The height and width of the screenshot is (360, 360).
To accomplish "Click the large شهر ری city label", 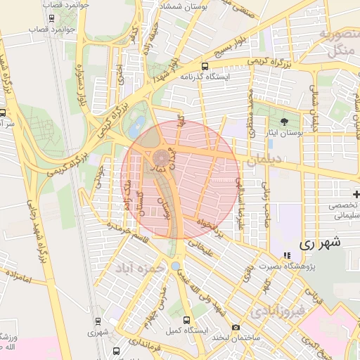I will pyautogui.click(x=320, y=244).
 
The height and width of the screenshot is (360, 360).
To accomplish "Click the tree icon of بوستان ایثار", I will pyautogui.click(x=284, y=121).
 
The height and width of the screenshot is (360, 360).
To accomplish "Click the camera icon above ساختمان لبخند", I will pyautogui.click(x=236, y=328).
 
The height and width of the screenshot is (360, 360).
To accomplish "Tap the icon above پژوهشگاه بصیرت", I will pyautogui.click(x=285, y=255).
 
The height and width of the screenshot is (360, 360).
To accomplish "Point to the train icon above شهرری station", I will pyautogui.click(x=96, y=321).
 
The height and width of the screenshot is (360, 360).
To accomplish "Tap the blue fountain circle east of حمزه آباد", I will pyautogui.click(x=174, y=266).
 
